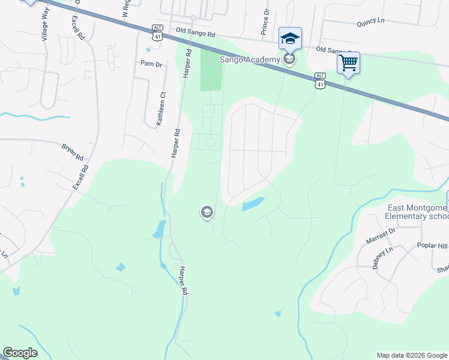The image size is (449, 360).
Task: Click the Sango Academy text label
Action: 250,59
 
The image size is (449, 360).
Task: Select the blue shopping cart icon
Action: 348,62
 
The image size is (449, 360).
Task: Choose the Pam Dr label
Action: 151,64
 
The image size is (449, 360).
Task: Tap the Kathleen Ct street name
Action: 160,108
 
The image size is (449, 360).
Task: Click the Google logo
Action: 20,353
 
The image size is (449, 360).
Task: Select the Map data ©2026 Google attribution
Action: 411,355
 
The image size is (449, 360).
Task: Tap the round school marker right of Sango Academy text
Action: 290,59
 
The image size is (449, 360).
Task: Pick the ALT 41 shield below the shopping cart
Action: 320,81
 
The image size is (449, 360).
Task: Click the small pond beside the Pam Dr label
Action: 148,50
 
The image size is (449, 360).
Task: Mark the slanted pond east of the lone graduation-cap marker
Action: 253,204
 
